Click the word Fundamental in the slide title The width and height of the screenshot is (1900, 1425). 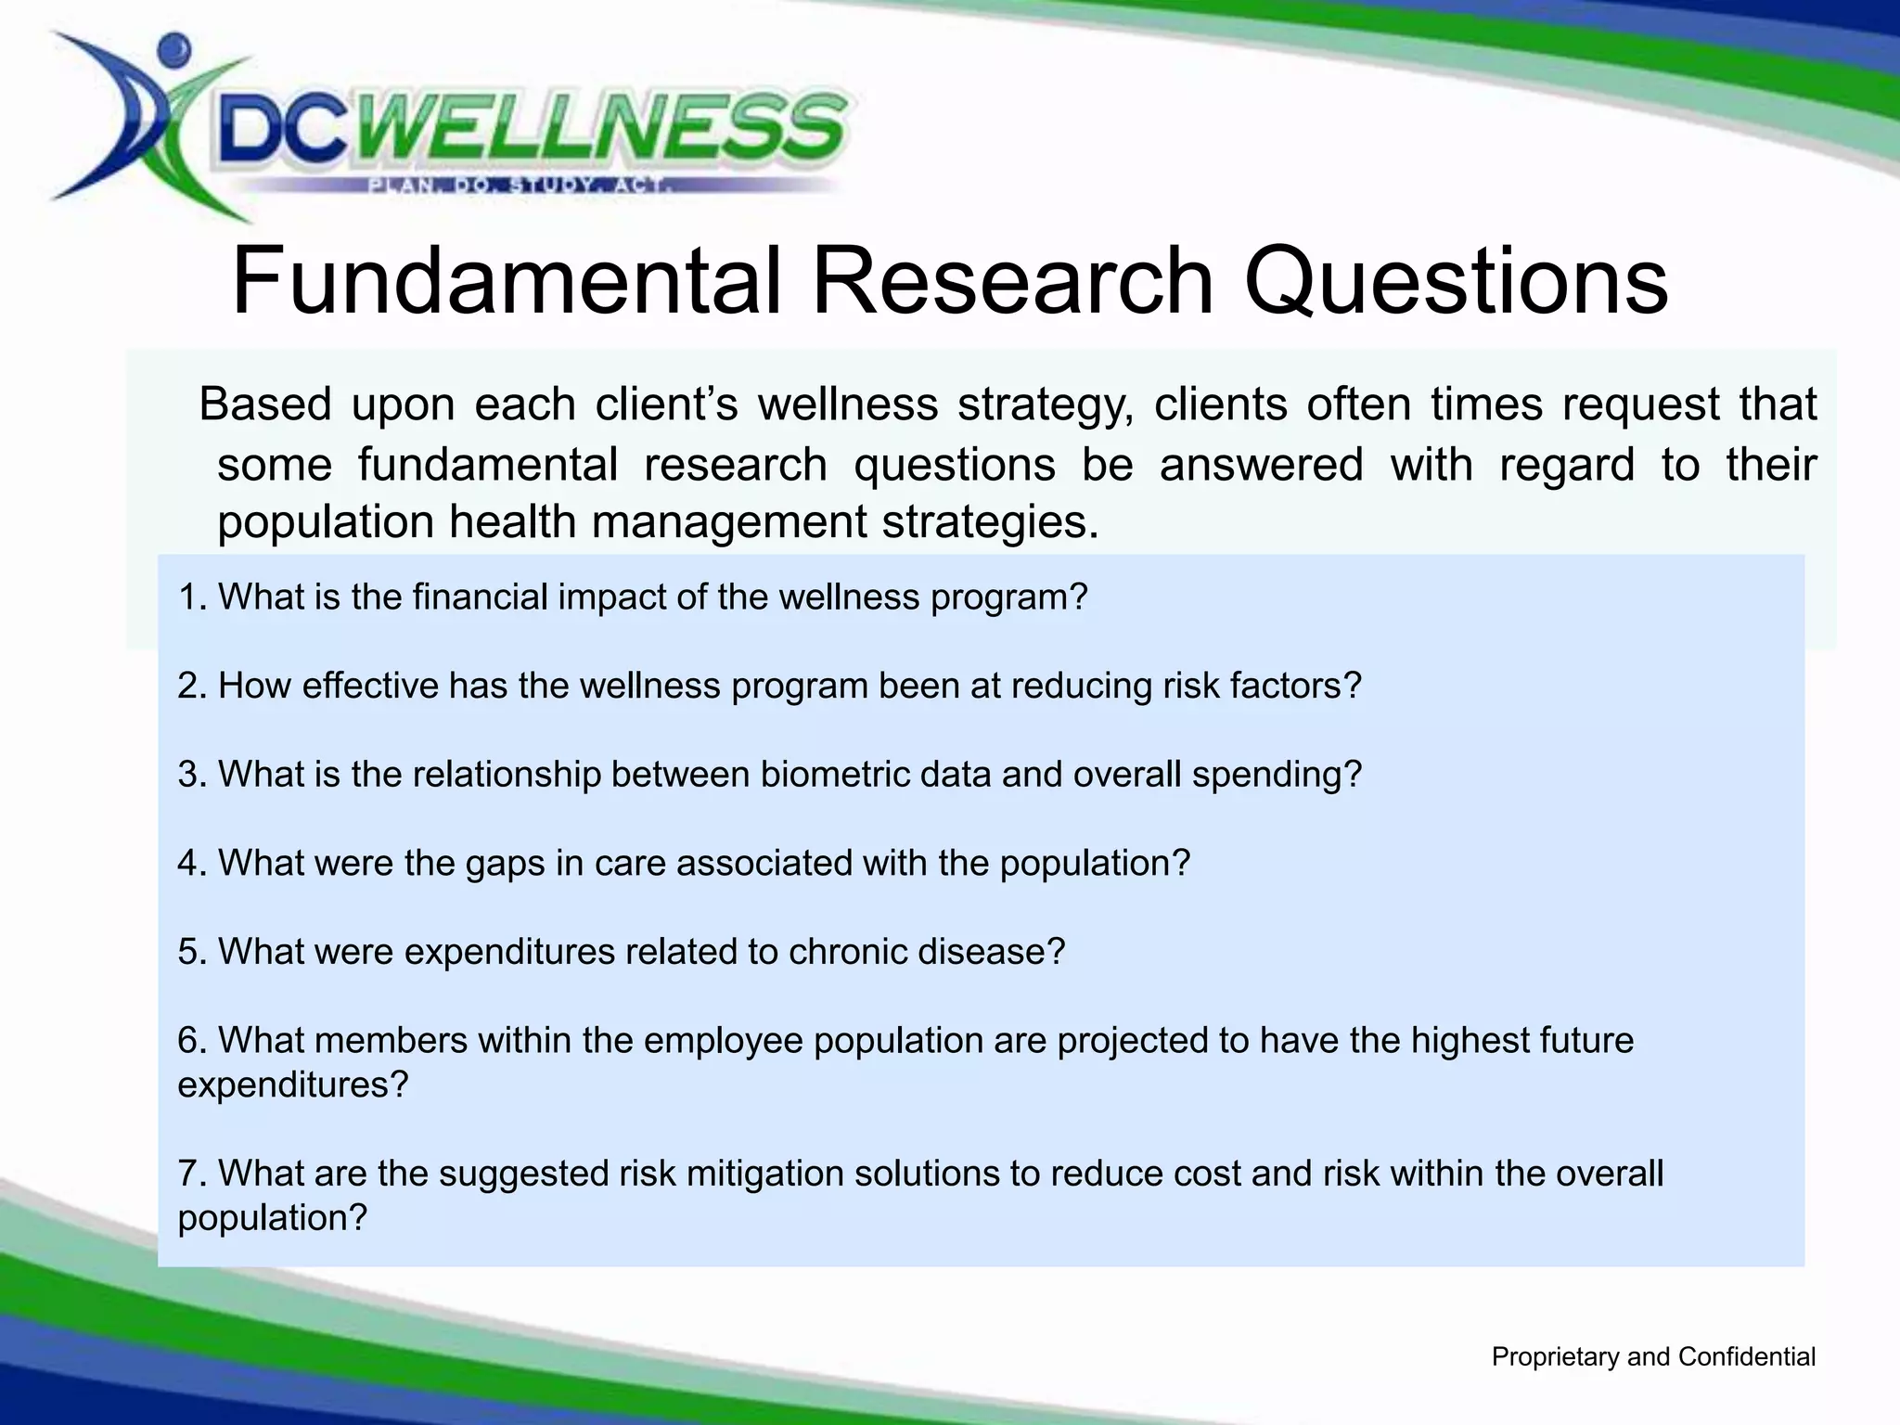coord(506,281)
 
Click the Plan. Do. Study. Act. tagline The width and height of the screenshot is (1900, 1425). coord(520,186)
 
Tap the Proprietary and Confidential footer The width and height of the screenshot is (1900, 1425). coord(1652,1357)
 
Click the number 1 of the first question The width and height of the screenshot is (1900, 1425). coord(188,597)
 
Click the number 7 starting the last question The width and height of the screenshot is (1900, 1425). coord(188,1174)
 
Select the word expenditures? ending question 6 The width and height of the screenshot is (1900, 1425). coord(293,1085)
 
